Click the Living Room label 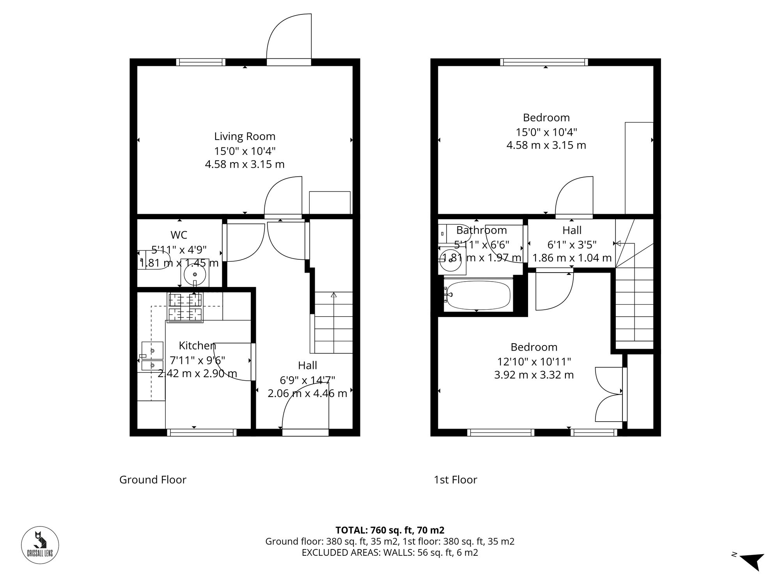(245, 136)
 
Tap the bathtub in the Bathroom (479, 295)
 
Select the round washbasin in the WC (195, 275)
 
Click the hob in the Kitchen (185, 307)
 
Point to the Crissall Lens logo (40, 545)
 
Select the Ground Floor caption (152, 480)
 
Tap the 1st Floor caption (455, 480)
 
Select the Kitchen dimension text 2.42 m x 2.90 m (197, 374)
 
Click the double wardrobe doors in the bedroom (610, 394)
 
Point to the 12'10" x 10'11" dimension (534, 362)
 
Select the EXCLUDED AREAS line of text (390, 553)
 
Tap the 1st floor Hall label (572, 230)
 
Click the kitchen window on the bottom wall (202, 432)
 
